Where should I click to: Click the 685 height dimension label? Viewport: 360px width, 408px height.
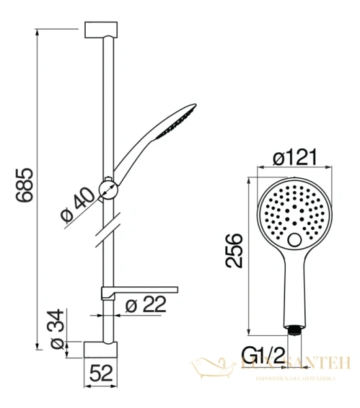(x=22, y=185)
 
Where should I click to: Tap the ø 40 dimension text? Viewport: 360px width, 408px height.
(x=77, y=205)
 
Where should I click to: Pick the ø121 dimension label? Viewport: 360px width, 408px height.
(x=297, y=158)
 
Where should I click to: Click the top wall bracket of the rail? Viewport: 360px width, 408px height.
(x=102, y=30)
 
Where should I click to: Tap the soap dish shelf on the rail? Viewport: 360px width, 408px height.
(x=140, y=291)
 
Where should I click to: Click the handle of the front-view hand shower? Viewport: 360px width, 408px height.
(x=295, y=289)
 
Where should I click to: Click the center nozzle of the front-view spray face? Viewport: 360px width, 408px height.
(x=295, y=210)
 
